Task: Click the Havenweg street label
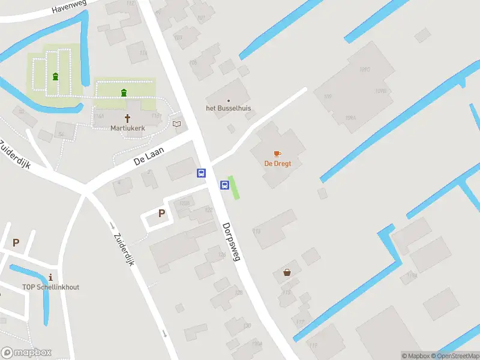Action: pos(70,7)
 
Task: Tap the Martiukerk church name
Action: pos(127,128)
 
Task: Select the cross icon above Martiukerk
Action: pos(127,118)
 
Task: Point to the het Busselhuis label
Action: pos(229,109)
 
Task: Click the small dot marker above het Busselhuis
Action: pos(228,100)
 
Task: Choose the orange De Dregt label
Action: pos(278,163)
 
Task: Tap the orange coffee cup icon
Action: pos(277,154)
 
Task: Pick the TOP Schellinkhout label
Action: pos(50,287)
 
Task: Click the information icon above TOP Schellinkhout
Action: pos(50,277)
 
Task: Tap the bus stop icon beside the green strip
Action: pos(224,185)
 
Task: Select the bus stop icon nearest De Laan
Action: pos(201,173)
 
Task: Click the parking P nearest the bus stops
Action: pos(161,213)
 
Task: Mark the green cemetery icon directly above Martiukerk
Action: pos(124,92)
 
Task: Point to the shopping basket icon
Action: pos(287,272)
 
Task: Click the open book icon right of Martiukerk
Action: pos(176,124)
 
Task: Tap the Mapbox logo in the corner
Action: pos(26,353)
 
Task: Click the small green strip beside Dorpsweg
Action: pos(235,188)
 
